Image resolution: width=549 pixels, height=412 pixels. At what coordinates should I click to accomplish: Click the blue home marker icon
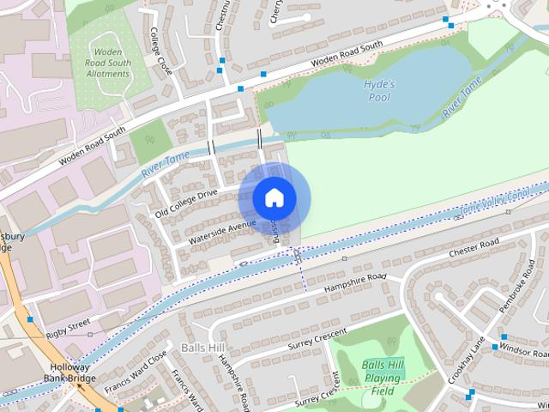click(274, 197)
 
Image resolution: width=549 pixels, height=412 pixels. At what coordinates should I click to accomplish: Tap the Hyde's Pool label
click(378, 90)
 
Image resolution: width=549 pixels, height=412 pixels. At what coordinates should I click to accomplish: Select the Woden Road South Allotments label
click(108, 62)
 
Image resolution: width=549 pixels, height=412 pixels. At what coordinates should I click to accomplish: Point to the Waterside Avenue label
click(222, 230)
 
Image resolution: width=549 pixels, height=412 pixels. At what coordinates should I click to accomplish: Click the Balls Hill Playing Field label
click(383, 377)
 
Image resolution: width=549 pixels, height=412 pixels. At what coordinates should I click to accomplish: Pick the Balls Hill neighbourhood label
click(202, 348)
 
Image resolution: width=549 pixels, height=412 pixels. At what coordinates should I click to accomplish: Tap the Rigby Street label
click(68, 327)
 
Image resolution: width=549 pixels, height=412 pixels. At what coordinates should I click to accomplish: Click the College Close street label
click(161, 50)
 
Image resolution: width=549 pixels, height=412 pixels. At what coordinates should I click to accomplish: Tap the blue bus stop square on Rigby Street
click(30, 319)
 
